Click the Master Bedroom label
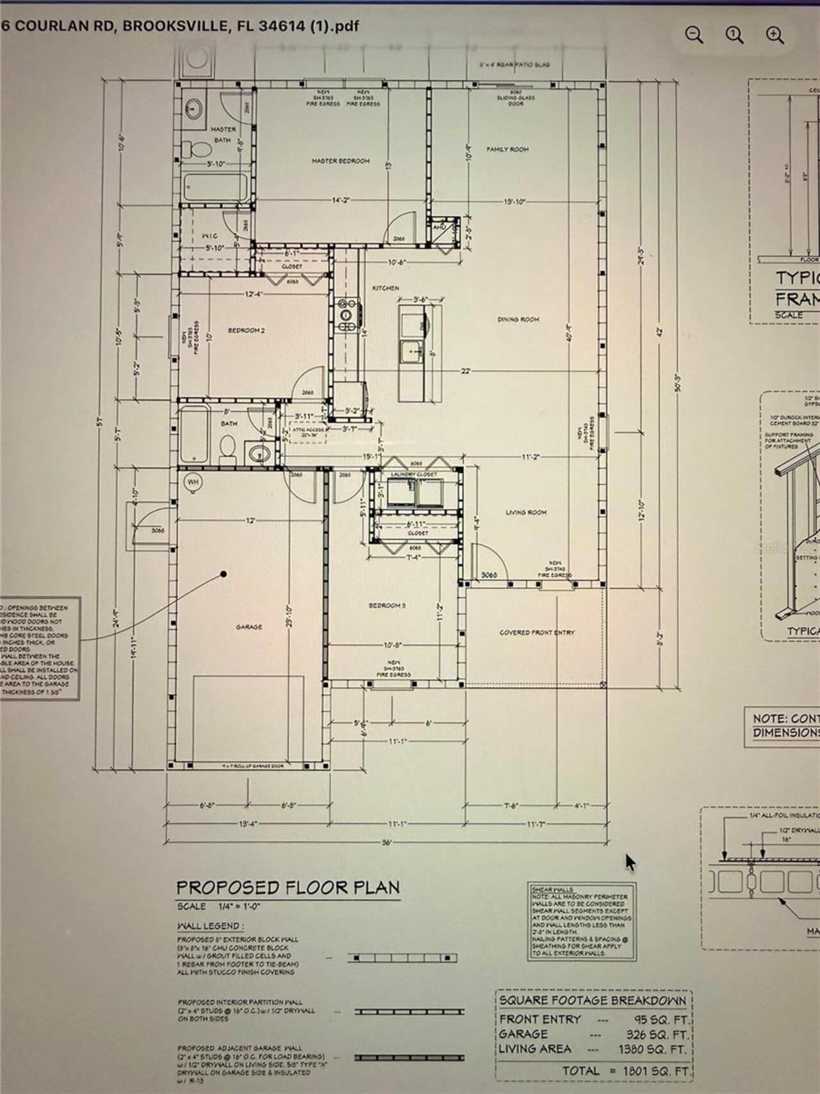point(340,161)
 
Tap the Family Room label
point(507,149)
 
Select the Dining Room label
point(518,319)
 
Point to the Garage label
point(249,627)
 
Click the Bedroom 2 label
point(246,331)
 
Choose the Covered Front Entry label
point(537,633)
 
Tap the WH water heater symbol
point(192,481)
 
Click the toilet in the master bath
point(201,149)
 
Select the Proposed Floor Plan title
point(288,888)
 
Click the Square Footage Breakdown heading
point(592,1000)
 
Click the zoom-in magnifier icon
point(775,35)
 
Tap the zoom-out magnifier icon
point(694,35)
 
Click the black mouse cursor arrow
point(630,862)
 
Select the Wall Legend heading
point(210,926)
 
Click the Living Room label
point(525,512)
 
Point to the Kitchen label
point(386,288)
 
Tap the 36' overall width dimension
point(386,843)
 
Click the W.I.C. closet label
point(209,236)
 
